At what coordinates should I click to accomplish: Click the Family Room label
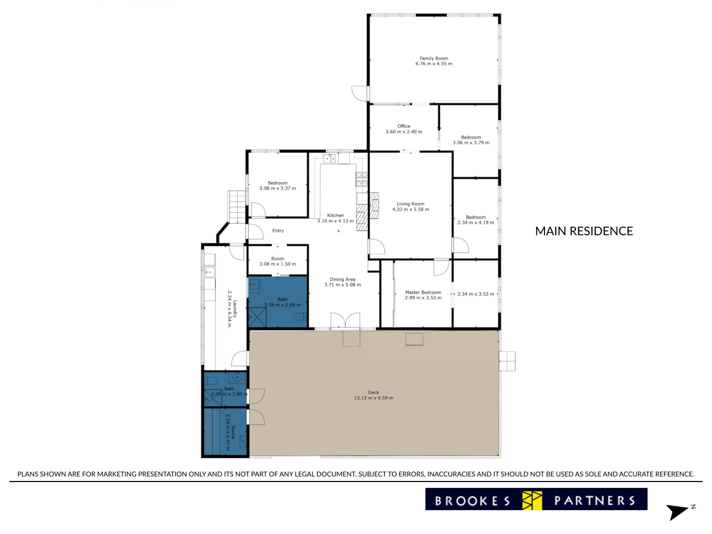(x=434, y=58)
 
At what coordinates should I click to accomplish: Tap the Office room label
(x=404, y=126)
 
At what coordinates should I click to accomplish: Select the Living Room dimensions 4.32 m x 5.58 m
(x=411, y=209)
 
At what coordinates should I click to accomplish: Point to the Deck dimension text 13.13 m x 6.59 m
(x=373, y=398)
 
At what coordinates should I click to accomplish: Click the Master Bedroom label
(x=423, y=292)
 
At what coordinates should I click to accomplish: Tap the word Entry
(x=278, y=231)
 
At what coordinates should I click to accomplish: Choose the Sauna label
(x=233, y=432)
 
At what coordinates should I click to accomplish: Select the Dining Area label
(x=343, y=279)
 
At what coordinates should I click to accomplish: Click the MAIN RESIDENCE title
(x=584, y=231)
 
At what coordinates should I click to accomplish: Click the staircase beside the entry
(x=237, y=207)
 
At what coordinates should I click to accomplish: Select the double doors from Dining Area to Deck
(x=345, y=321)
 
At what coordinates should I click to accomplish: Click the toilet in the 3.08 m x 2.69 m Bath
(x=300, y=317)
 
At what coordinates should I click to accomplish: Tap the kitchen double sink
(x=329, y=158)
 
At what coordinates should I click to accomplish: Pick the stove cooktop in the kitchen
(x=362, y=179)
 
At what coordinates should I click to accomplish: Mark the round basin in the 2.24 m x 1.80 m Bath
(x=236, y=378)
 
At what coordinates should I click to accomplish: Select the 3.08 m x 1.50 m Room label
(x=278, y=259)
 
